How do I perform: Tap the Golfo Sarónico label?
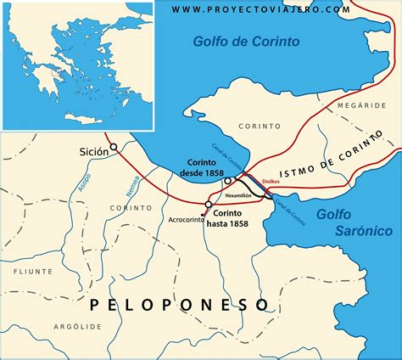click(x=350, y=222)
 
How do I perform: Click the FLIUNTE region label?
click(x=33, y=271)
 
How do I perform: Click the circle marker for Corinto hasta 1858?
click(x=208, y=204)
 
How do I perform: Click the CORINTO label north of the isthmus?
click(x=260, y=126)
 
